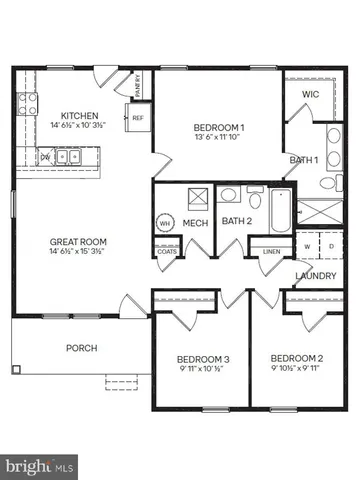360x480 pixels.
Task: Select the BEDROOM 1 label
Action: pos(218,127)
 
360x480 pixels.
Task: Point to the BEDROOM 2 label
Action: pos(297,358)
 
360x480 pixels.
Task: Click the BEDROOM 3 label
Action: pos(203,359)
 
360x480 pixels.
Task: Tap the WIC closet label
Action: pos(309,95)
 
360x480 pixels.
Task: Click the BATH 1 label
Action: pos(304,160)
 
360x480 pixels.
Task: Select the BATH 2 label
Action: pos(235,221)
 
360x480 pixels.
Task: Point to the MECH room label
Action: pos(194,222)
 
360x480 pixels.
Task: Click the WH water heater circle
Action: pos(166,223)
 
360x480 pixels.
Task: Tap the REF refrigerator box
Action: pos(138,118)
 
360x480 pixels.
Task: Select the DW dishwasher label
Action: pos(45,157)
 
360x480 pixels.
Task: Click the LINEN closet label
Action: pos(270,251)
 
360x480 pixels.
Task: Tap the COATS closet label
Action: pos(166,251)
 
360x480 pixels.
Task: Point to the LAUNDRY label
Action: pos(315,276)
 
